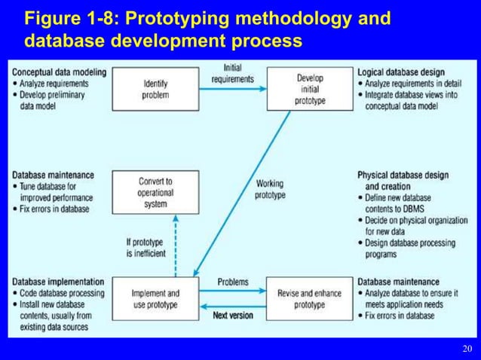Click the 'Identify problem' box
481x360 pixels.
click(x=155, y=89)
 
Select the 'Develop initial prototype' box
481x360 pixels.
click(x=310, y=89)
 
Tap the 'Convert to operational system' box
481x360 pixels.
click(x=155, y=192)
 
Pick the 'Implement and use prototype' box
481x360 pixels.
click(x=155, y=299)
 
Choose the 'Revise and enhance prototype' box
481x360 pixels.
click(x=310, y=299)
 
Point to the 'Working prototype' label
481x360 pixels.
click(x=270, y=189)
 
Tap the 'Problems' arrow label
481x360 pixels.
click(x=233, y=282)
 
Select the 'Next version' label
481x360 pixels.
click(x=233, y=315)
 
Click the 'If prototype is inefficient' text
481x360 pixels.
click(x=146, y=248)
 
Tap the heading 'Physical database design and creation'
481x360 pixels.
click(x=403, y=181)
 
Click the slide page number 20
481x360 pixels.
click(x=467, y=349)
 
